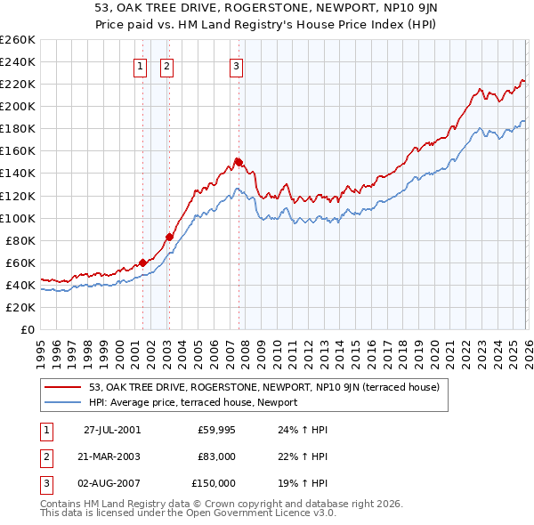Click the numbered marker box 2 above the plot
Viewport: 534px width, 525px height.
pyautogui.click(x=167, y=65)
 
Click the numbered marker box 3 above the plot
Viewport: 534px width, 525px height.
pyautogui.click(x=237, y=65)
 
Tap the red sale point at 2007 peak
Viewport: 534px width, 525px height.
pyautogui.click(x=239, y=162)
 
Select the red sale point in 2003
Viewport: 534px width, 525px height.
pyautogui.click(x=169, y=237)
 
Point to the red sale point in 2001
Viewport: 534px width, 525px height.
pyautogui.click(x=142, y=262)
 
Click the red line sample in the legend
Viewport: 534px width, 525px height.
pyautogui.click(x=64, y=387)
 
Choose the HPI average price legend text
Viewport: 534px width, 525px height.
pyautogui.click(x=192, y=402)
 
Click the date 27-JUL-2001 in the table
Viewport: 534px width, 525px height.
pyautogui.click(x=111, y=430)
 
